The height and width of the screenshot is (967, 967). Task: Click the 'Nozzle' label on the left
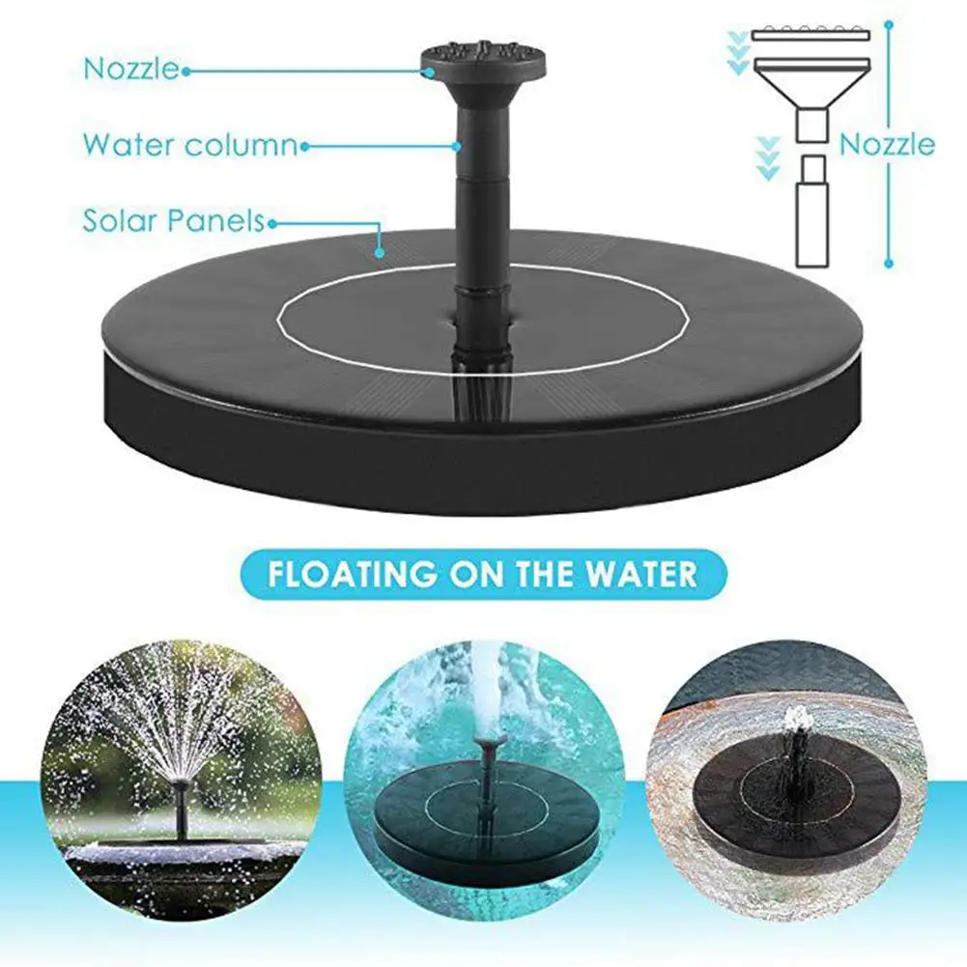[130, 69]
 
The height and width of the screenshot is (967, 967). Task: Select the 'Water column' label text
[189, 145]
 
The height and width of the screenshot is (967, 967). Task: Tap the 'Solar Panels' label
[172, 220]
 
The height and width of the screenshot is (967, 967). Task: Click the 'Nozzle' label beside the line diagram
[887, 145]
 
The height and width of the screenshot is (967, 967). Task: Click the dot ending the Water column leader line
[456, 146]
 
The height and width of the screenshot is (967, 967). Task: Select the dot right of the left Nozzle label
[185, 70]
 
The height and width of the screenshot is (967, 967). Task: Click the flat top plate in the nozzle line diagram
[811, 35]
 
